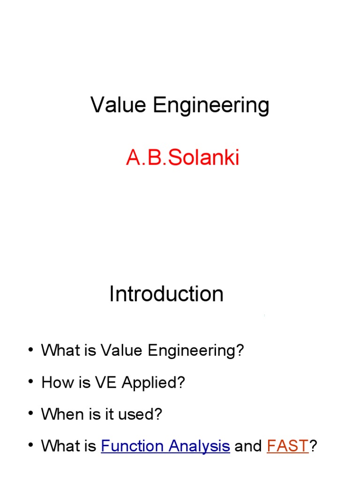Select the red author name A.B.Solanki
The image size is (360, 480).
coord(182,158)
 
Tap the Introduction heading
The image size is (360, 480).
coord(166,294)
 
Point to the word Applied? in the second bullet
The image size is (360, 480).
coord(154,383)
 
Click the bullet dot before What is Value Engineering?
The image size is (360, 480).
coord(30,351)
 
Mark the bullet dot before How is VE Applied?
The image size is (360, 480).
coord(30,383)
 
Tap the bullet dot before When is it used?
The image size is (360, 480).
coord(30,414)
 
